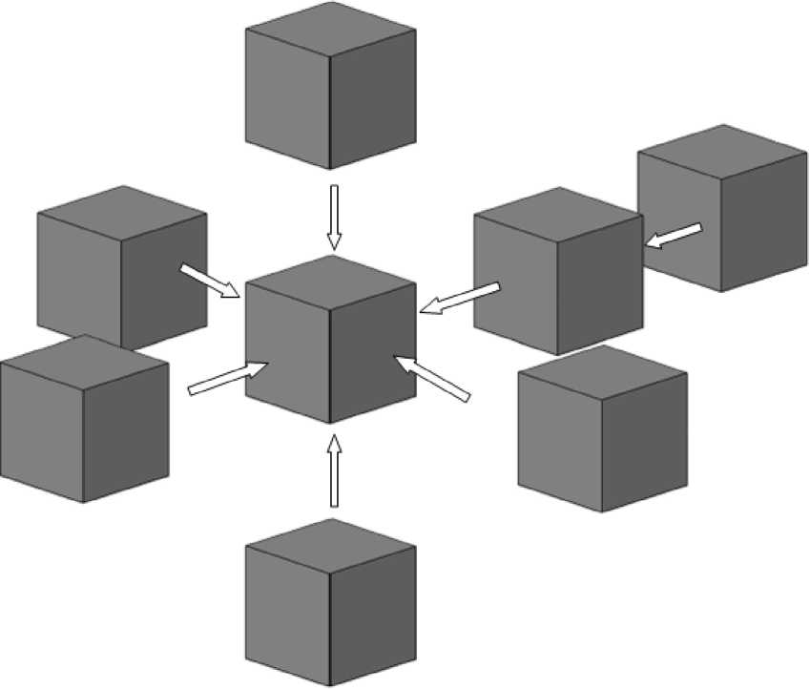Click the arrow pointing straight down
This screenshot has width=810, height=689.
coord(333,216)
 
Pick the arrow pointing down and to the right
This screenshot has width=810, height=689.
coord(210,281)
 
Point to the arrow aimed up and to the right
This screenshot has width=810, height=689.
coord(228,376)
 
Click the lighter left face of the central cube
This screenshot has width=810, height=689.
coord(286,353)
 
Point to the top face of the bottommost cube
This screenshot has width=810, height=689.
coord(330,546)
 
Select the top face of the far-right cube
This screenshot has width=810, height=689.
coord(722,153)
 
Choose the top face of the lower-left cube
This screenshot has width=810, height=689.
coord(84,363)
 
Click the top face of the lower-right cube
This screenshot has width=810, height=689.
coord(603,373)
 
